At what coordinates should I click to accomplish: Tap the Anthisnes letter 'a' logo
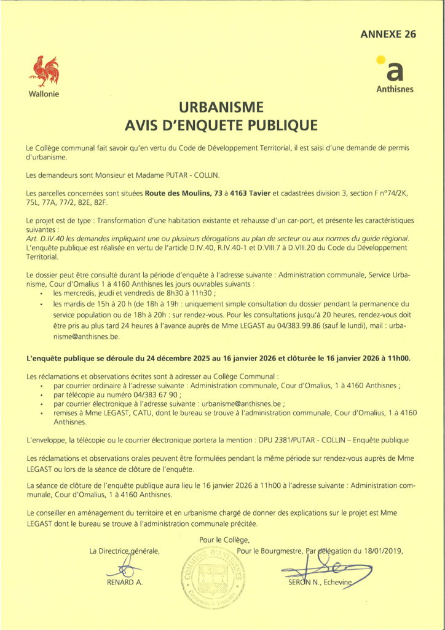pyautogui.click(x=395, y=72)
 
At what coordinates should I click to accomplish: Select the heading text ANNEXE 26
pyautogui.click(x=388, y=34)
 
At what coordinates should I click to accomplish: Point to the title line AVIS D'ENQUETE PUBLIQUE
pyautogui.click(x=222, y=126)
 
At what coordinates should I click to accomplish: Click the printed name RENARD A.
pyautogui.click(x=125, y=582)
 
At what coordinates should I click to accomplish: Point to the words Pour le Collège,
pyautogui.click(x=223, y=540)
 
